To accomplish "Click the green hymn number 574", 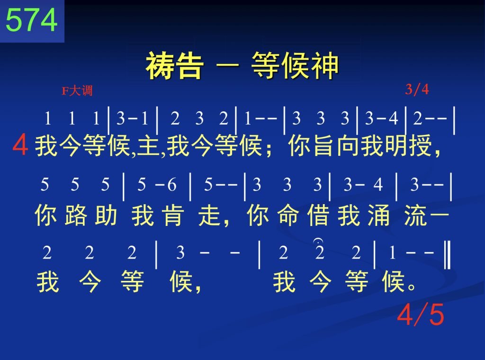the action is coord(32,20).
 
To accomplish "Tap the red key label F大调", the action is coord(77,91).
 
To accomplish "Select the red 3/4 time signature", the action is coord(417,90).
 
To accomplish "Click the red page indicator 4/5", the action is coord(421,314).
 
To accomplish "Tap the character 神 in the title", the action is coord(325,65).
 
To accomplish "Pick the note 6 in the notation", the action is coord(172,185).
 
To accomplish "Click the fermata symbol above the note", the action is coord(318,240).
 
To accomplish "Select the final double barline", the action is coord(447,255).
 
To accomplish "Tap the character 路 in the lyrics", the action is coord(76,215).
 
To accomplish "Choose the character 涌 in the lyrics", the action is coord(378,215).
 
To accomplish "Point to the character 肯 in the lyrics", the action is coord(172,215).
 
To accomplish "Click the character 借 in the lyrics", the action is coord(318,215).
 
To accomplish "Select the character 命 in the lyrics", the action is coord(288,215).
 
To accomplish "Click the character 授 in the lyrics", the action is coord(421,145).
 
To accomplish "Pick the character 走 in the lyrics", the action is coord(209,215).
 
